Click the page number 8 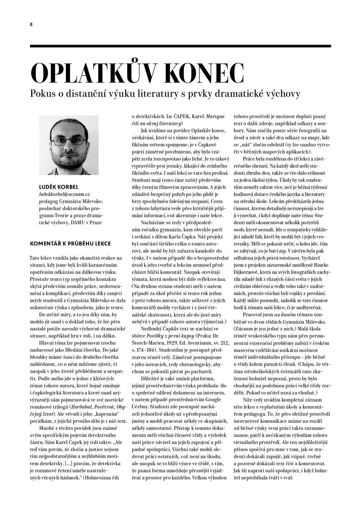(31, 25)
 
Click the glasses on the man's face (69, 141)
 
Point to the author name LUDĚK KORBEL (59, 187)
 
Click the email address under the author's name (64, 194)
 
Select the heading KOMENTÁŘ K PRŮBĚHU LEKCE (70, 244)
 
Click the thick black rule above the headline (180, 46)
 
